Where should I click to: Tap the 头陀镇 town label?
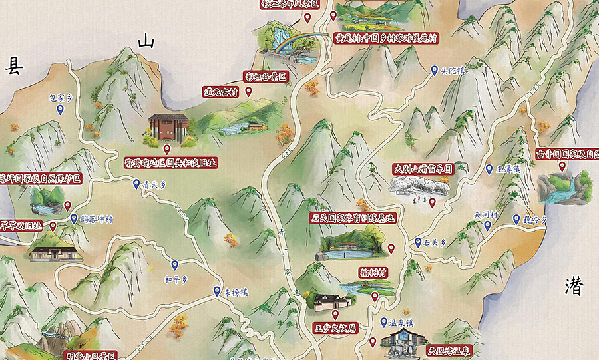[452, 70]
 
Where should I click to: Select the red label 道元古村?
[220, 92]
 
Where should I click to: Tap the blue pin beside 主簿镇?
[489, 170]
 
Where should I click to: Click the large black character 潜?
[574, 286]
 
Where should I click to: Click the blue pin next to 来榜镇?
[217, 291]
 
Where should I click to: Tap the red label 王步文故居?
[335, 327]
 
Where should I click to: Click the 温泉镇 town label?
[401, 323]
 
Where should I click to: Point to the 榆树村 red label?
[373, 271]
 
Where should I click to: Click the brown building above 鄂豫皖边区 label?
[168, 128]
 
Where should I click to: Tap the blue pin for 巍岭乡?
[516, 220]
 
